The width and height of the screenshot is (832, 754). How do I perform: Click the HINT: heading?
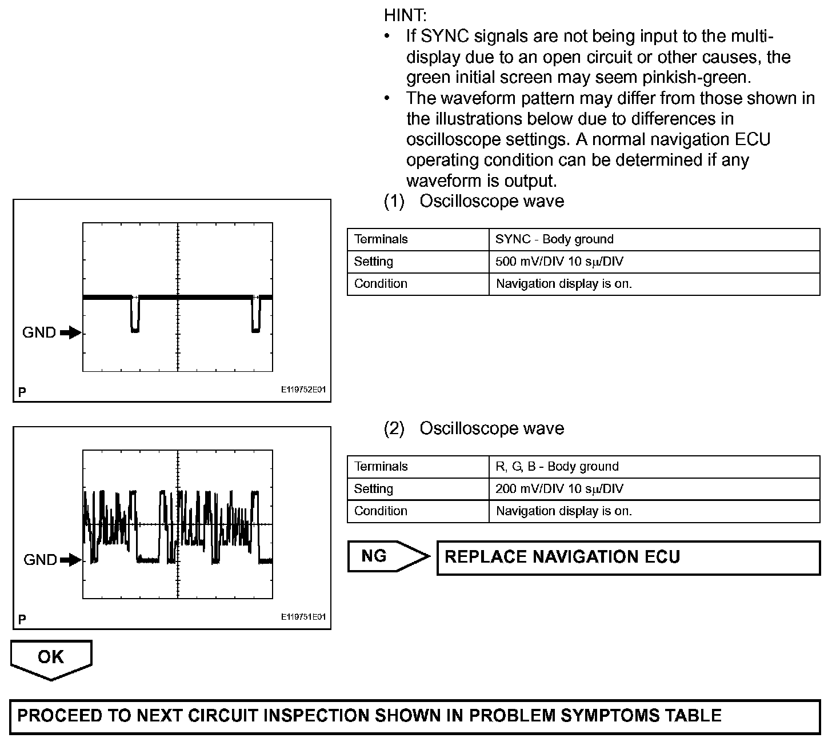point(405,15)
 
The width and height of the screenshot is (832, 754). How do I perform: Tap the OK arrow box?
point(51,657)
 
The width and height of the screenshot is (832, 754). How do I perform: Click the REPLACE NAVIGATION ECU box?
point(628,558)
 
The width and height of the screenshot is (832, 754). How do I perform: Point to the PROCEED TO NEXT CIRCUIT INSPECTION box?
point(415,716)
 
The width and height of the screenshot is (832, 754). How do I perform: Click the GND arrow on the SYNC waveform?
point(71,332)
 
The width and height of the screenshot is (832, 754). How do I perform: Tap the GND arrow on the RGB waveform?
point(71,560)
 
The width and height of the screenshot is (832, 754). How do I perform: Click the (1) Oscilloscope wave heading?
point(474,201)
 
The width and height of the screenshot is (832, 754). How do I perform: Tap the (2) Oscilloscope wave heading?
point(474,428)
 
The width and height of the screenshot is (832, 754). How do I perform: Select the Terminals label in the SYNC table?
point(381,239)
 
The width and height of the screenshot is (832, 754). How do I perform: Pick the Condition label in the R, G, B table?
point(381,511)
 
